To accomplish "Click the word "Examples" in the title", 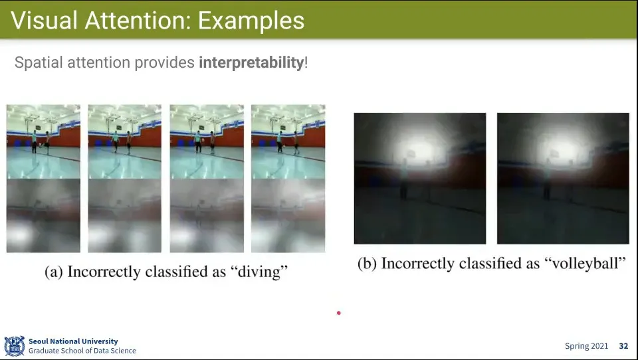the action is click(251, 21).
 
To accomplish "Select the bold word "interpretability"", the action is click(251, 62).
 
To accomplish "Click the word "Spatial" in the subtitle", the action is click(39, 62).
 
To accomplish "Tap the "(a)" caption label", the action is click(54, 272).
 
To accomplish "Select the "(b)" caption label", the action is click(367, 264).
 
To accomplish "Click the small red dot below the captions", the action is click(338, 313).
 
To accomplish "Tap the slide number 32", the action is click(623, 346).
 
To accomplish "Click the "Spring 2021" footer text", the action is click(586, 346).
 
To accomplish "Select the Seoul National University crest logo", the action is click(14, 346).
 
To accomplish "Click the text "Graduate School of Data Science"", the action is click(82, 351).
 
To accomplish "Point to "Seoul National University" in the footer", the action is click(73, 341).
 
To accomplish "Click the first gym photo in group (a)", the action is click(43, 141).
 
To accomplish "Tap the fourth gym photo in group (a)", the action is click(288, 141).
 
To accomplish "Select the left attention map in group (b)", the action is click(420, 178).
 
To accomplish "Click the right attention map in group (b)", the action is click(563, 178).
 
